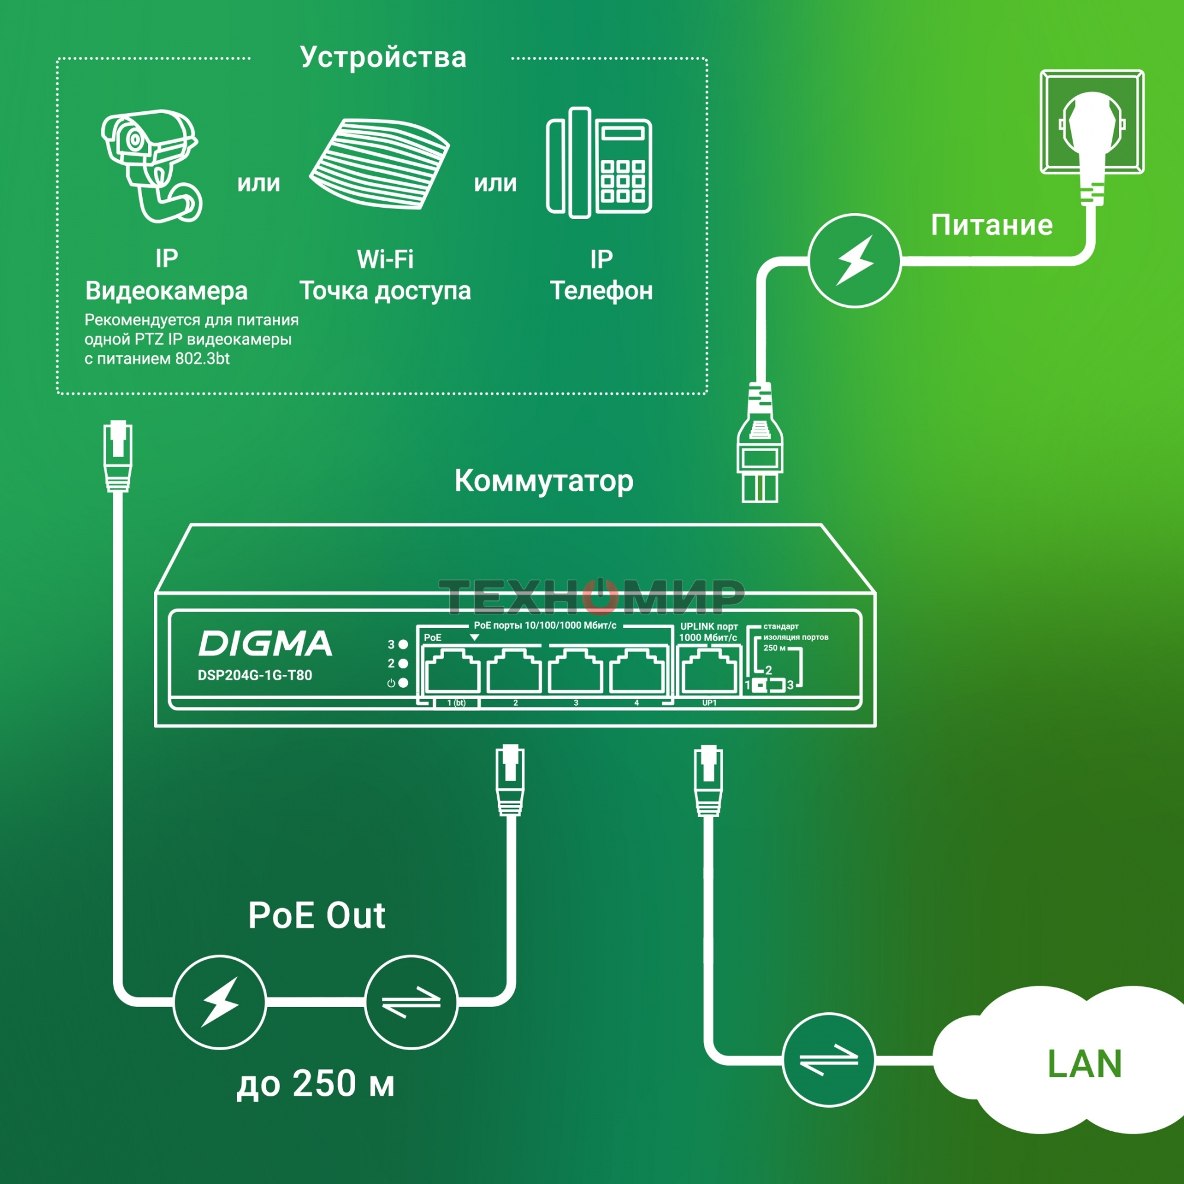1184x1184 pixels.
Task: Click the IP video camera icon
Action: pos(150,166)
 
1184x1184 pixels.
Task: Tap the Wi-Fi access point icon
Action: pos(379,163)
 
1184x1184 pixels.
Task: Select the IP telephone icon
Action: pos(599,163)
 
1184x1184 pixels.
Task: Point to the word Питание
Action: pos(992,225)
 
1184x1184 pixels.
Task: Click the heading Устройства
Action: pos(383,57)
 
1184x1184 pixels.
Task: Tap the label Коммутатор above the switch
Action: pos(543,481)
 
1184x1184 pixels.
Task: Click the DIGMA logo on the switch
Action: pos(265,644)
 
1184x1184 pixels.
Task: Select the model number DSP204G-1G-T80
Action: pos(255,675)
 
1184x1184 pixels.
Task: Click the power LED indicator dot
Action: pos(403,683)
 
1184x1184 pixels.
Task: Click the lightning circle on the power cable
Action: pos(854,260)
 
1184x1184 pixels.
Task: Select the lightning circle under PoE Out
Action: pos(220,1002)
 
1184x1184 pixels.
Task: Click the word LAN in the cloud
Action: pos(1084,1064)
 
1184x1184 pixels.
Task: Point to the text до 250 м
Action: pos(316,1083)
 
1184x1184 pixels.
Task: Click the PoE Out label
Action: pos(316,916)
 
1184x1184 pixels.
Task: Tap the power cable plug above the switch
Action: pos(760,453)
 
